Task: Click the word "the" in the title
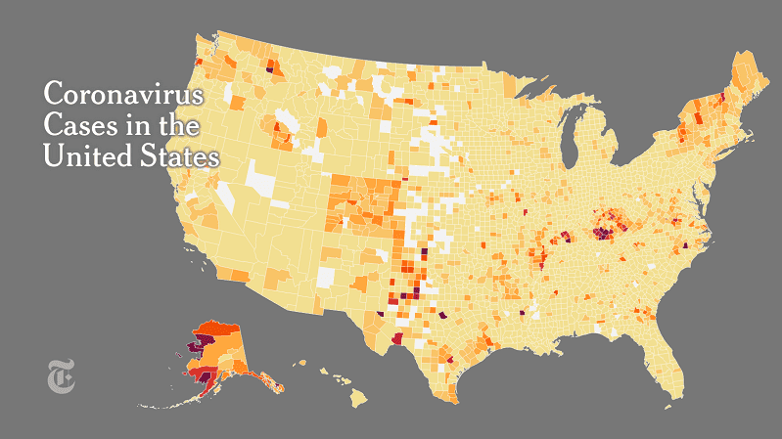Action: (x=179, y=126)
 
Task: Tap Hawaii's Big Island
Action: (x=359, y=398)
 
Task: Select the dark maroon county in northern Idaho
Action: (x=269, y=69)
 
